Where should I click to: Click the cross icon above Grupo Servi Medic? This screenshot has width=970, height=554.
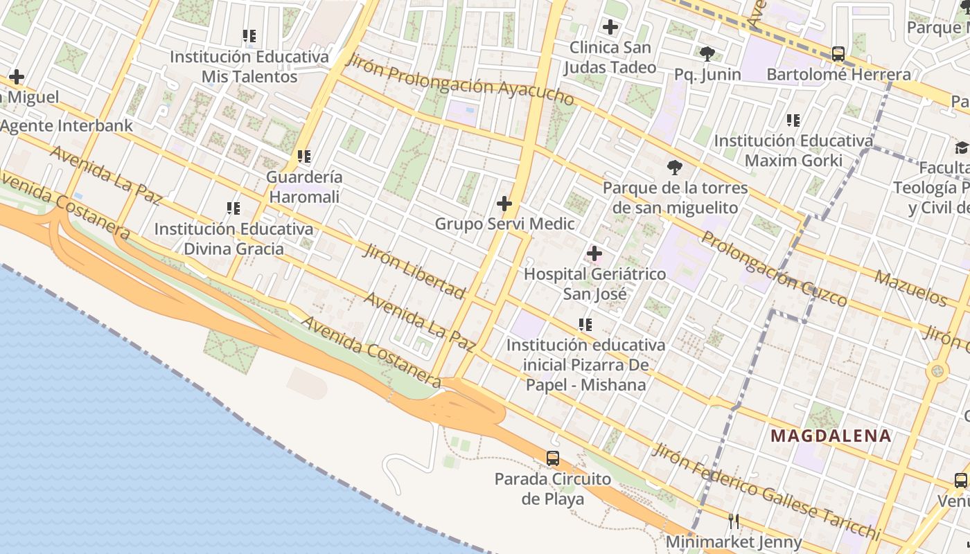pyautogui.click(x=504, y=204)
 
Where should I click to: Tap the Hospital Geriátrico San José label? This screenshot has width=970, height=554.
pyautogui.click(x=594, y=284)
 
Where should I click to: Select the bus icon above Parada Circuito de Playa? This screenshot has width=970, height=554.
pyautogui.click(x=552, y=458)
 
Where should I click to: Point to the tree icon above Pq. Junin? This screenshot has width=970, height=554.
pyautogui.click(x=707, y=53)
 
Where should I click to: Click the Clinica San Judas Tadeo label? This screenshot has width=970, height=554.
pyautogui.click(x=610, y=57)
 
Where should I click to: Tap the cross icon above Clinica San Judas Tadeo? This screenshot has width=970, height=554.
pyautogui.click(x=610, y=28)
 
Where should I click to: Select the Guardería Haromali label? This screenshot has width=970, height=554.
pyautogui.click(x=303, y=187)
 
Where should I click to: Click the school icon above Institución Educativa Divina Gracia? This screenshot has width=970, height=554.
pyautogui.click(x=233, y=208)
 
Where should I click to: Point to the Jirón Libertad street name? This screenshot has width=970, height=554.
pyautogui.click(x=414, y=271)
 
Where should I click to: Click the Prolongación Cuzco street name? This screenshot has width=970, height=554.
pyautogui.click(x=774, y=269)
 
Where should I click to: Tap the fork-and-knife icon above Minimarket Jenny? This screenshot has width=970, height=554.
pyautogui.click(x=734, y=521)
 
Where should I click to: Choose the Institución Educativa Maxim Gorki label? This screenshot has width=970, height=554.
pyautogui.click(x=793, y=151)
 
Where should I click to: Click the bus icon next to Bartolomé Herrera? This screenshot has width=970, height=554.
pyautogui.click(x=838, y=53)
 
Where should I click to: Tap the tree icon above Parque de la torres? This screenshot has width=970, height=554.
pyautogui.click(x=674, y=167)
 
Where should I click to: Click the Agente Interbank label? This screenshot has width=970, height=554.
pyautogui.click(x=67, y=126)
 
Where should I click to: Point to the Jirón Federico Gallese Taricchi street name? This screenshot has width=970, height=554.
pyautogui.click(x=766, y=492)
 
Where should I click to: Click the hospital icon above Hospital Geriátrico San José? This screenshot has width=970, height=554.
pyautogui.click(x=594, y=253)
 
